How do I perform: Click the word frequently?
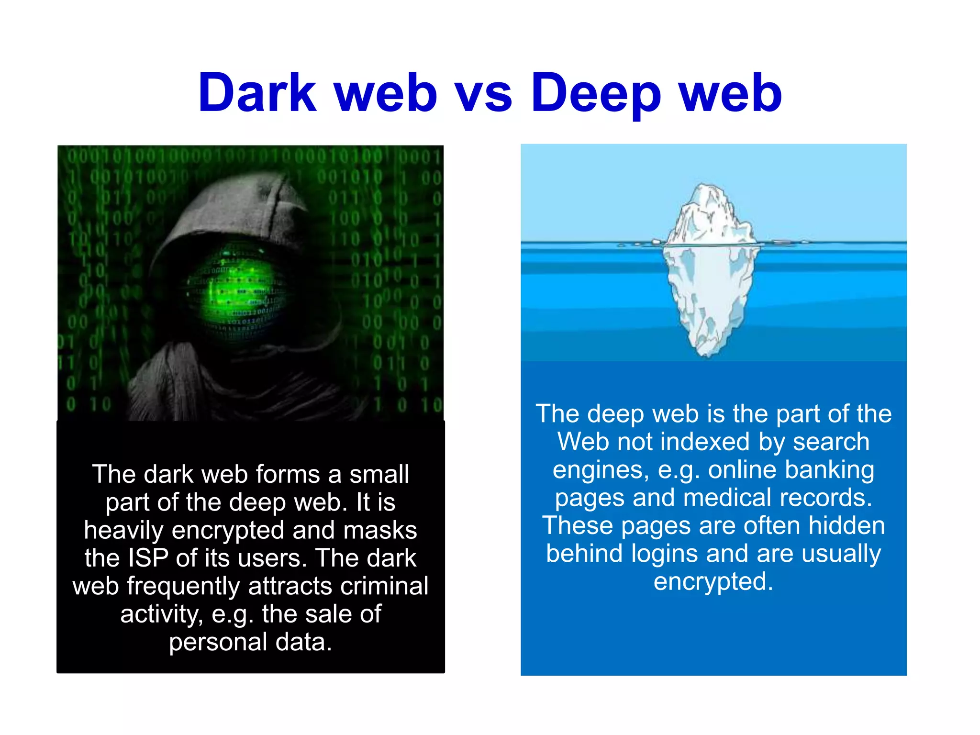[183, 587]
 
